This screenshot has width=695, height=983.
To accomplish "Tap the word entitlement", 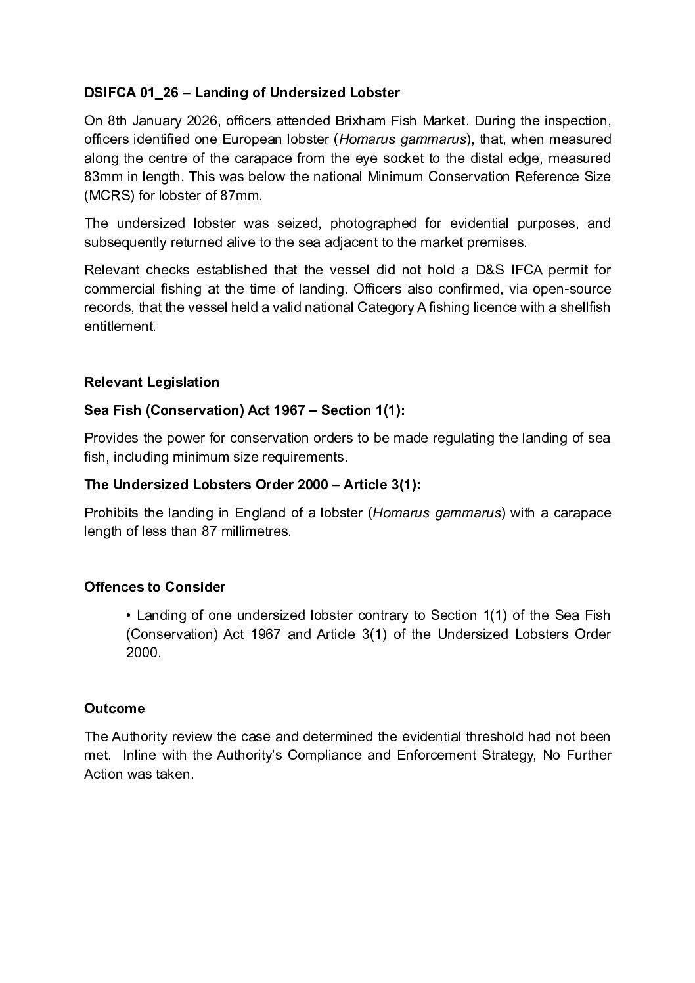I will point(119,326).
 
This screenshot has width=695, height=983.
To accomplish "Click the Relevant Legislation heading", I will point(152,382).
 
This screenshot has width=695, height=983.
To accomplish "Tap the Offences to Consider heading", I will point(154,586).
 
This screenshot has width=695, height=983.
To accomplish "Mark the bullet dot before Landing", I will point(129,615).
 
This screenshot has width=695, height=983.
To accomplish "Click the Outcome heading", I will point(114,709).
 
